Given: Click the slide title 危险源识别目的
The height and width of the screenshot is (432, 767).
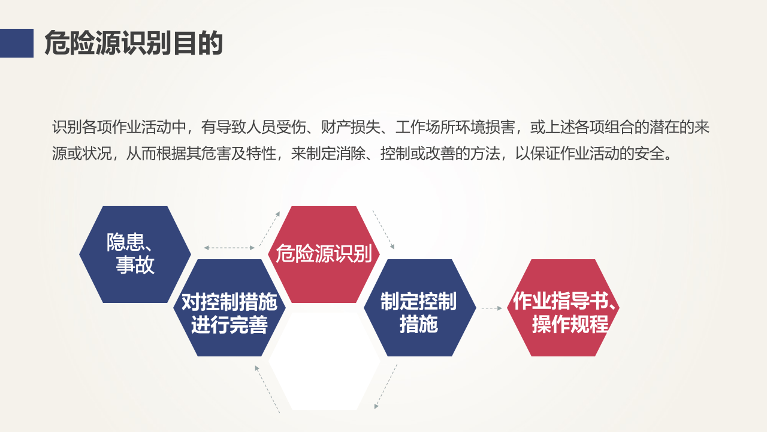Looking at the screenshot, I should pos(134,44).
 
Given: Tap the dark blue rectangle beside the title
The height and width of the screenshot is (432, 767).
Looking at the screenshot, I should pos(16,43).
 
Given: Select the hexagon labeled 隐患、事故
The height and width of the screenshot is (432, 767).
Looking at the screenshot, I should pos(135,254).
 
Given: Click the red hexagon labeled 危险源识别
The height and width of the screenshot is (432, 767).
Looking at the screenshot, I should pos(324,254).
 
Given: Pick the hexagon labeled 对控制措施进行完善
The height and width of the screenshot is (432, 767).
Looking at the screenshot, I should pos(230,308).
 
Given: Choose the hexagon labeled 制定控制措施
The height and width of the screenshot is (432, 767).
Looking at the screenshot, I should pos(419,308).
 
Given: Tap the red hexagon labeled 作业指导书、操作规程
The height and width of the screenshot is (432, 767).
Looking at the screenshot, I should pos(563,308).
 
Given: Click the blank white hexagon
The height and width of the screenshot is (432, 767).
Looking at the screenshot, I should pos(324,361).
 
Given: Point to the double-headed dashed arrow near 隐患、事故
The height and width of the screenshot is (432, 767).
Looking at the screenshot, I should pos(230,248).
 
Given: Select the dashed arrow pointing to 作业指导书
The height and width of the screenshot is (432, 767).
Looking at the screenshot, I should pos(491,308).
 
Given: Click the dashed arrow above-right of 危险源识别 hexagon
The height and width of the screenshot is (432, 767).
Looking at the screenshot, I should pos(383,229).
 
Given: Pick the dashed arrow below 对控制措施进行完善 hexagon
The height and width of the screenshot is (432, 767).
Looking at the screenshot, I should pos(267,388).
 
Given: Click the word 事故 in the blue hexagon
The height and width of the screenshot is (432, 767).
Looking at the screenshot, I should pos(135,265).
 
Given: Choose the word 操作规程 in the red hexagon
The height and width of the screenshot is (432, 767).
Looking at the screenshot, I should pos(570,324).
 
